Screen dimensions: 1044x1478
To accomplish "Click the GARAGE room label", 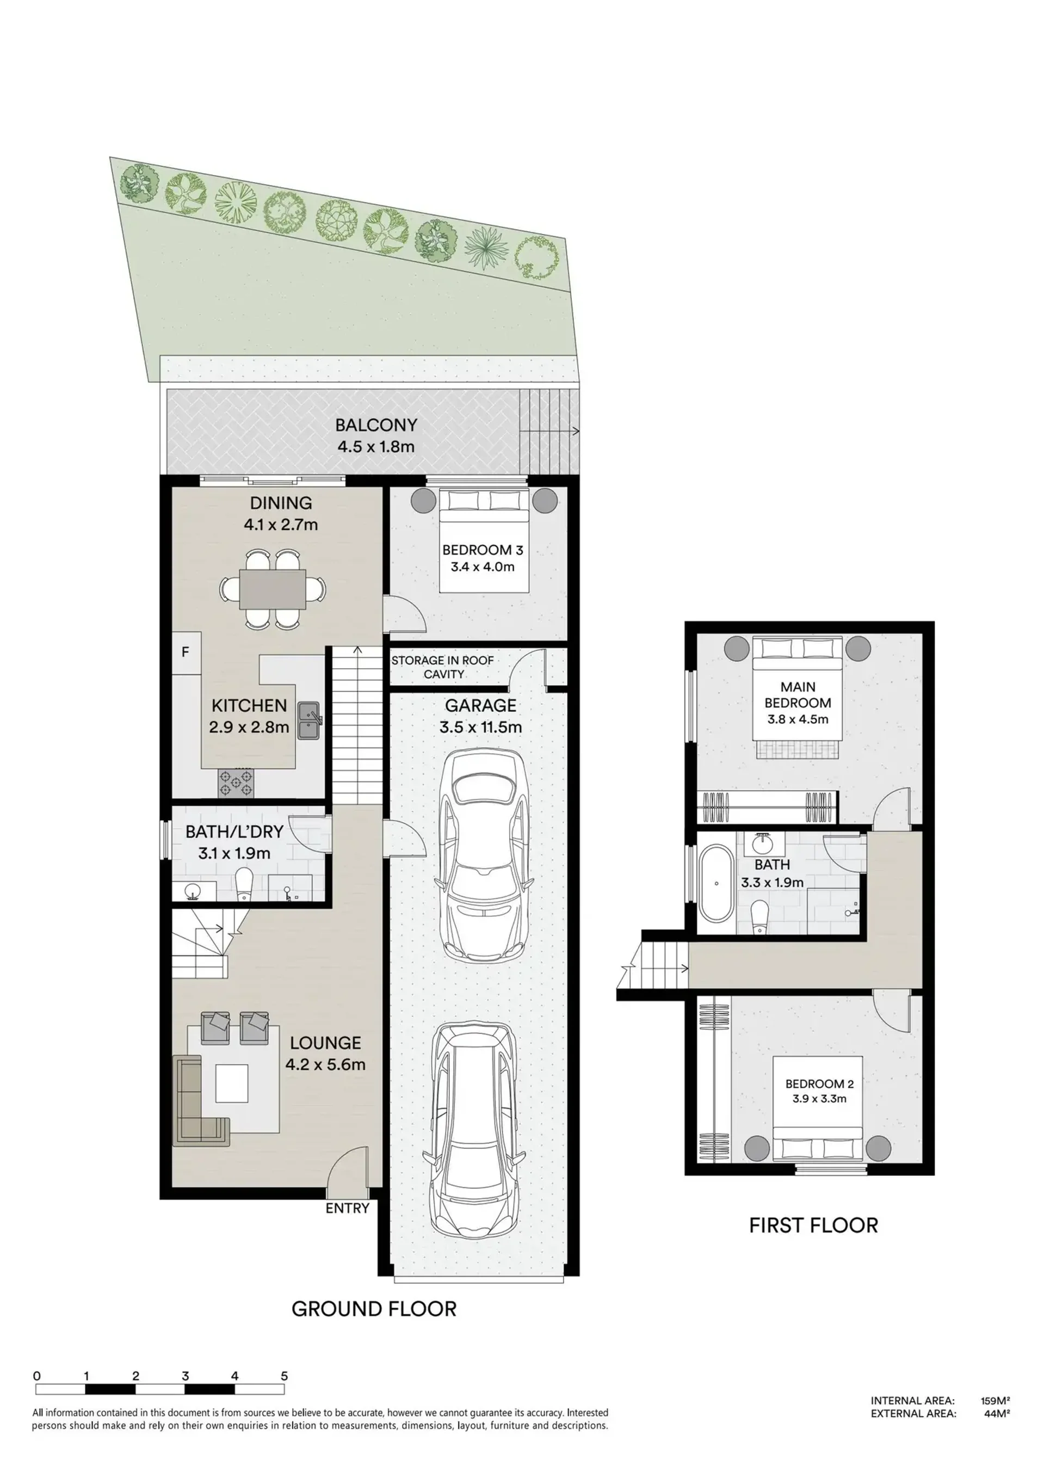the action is pos(481,705).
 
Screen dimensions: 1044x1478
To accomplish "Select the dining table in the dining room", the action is pos(272,589).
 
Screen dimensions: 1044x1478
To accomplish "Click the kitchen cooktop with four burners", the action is pos(236,783).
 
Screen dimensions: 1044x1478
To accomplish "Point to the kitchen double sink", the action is pos(310,721).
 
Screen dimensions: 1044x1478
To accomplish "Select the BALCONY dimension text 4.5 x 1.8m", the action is pos(376,446).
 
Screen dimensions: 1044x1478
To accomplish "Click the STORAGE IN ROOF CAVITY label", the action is pos(443,667).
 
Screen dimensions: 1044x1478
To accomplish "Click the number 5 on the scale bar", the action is pos(285,1376).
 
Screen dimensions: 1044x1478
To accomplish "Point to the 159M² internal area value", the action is pos(995,1401).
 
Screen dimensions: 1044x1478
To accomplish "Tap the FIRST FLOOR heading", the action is pos(813,1225).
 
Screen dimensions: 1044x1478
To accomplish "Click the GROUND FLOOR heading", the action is pos(374,1309).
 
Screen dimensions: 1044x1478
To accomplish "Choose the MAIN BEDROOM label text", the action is pos(798,695).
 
